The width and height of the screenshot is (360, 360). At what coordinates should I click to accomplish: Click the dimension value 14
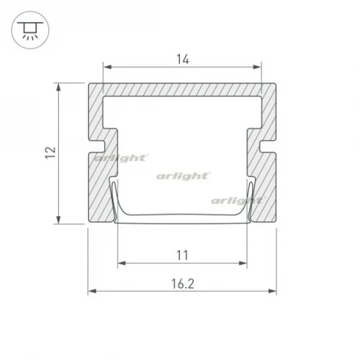click(x=183, y=60)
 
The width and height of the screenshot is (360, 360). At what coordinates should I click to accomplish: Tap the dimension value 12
click(x=51, y=152)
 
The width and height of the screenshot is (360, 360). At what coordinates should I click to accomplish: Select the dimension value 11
click(x=182, y=255)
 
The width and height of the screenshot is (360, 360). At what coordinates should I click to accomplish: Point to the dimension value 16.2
click(x=182, y=283)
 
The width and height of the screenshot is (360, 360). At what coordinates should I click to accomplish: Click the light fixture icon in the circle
click(x=30, y=31)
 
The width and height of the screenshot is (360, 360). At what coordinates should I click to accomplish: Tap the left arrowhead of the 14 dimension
click(x=107, y=67)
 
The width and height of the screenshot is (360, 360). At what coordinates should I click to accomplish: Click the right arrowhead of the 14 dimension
click(x=257, y=67)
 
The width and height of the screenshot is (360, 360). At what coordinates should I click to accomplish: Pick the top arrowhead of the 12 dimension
click(x=59, y=87)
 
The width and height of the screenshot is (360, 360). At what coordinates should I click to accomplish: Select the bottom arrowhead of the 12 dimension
click(x=59, y=220)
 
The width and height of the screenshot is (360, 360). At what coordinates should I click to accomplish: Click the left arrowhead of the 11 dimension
click(x=122, y=263)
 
